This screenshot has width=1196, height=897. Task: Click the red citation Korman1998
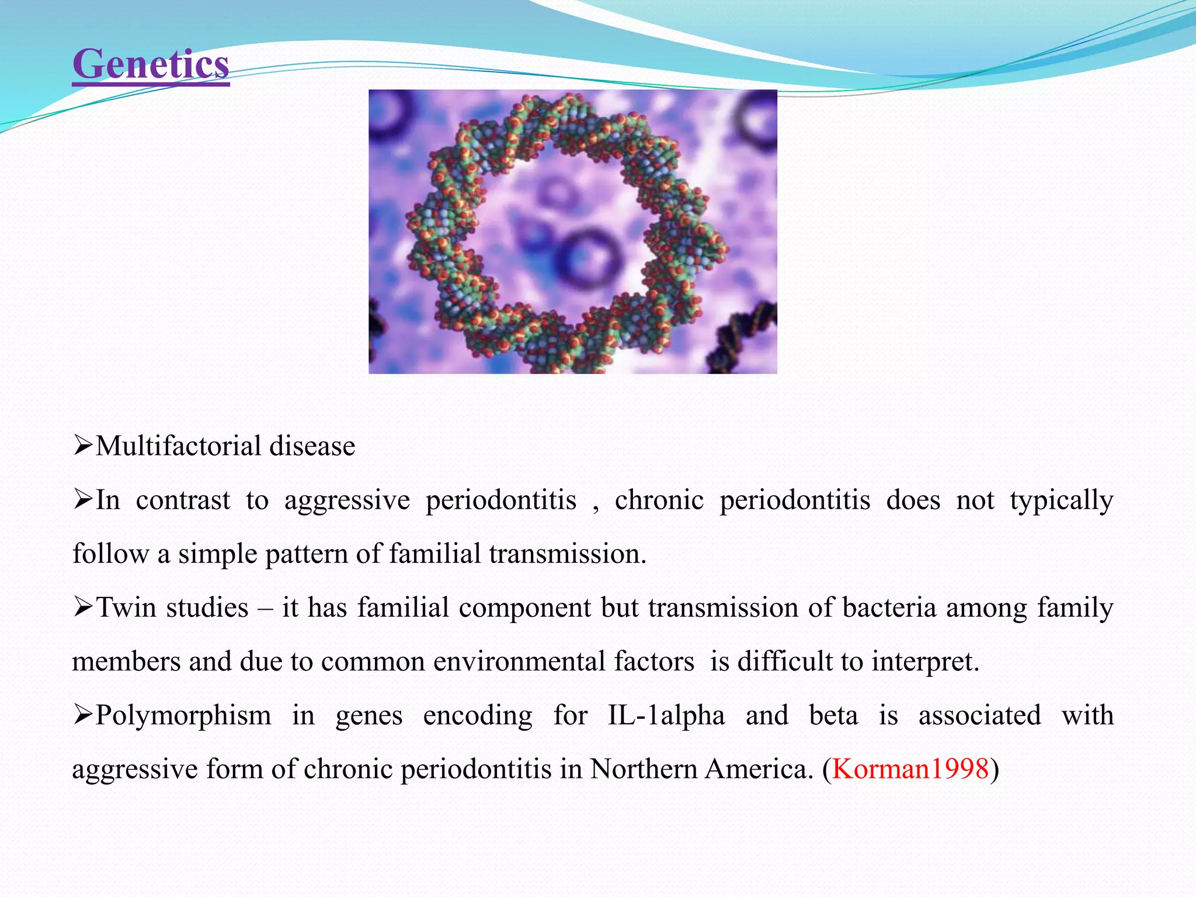pos(910,769)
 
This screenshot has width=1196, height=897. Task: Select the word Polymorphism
pos(183,716)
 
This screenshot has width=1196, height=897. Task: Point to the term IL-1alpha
pos(666,716)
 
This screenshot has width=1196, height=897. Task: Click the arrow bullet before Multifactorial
pos(83,447)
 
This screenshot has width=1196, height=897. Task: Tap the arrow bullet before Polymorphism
pos(83,715)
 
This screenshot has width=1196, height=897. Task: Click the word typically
pos(1061,501)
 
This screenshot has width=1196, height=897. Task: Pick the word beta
pos(833,716)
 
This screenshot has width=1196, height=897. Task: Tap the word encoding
pos(477,716)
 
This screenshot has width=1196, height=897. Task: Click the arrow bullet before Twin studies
pos(83,608)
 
